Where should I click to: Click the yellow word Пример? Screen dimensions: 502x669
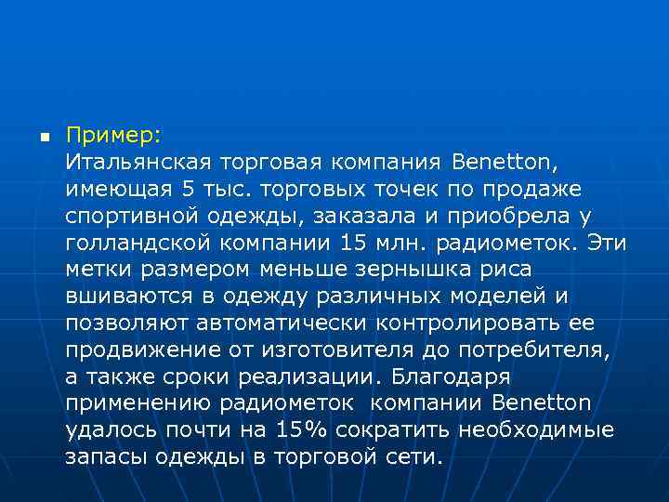(x=113, y=135)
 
